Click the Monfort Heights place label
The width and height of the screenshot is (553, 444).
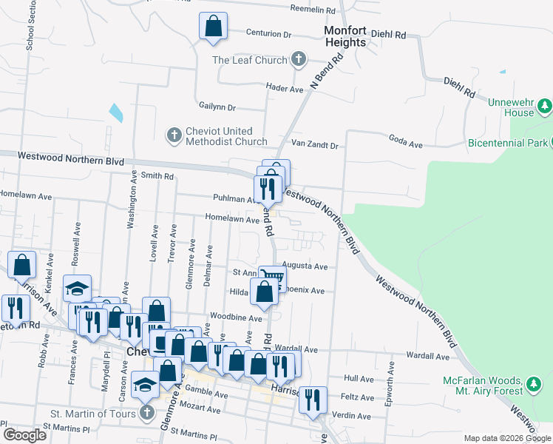[345, 36]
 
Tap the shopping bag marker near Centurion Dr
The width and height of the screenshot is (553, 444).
[213, 26]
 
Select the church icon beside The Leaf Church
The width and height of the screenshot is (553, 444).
[299, 59]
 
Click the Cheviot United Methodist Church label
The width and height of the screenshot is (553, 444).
[226, 136]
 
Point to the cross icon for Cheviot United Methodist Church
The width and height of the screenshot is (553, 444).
[174, 135]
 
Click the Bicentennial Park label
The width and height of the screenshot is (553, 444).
[507, 142]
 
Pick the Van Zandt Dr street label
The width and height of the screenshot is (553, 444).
[314, 146]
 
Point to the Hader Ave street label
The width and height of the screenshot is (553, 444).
[286, 90]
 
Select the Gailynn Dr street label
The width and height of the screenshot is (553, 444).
[217, 107]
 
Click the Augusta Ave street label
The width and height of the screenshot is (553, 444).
[310, 266]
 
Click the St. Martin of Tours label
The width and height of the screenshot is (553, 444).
[92, 413]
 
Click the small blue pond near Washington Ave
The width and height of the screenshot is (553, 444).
[116, 113]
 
